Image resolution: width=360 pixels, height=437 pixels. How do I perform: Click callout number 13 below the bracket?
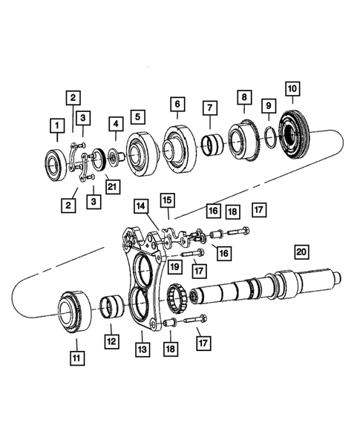pyautogui.click(x=140, y=348)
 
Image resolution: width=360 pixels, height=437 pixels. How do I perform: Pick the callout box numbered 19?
pyautogui.click(x=175, y=266)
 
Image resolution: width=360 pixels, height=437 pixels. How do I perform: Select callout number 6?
pyautogui.click(x=176, y=104)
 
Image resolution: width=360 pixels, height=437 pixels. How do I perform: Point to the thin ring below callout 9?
pyautogui.click(x=269, y=137)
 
